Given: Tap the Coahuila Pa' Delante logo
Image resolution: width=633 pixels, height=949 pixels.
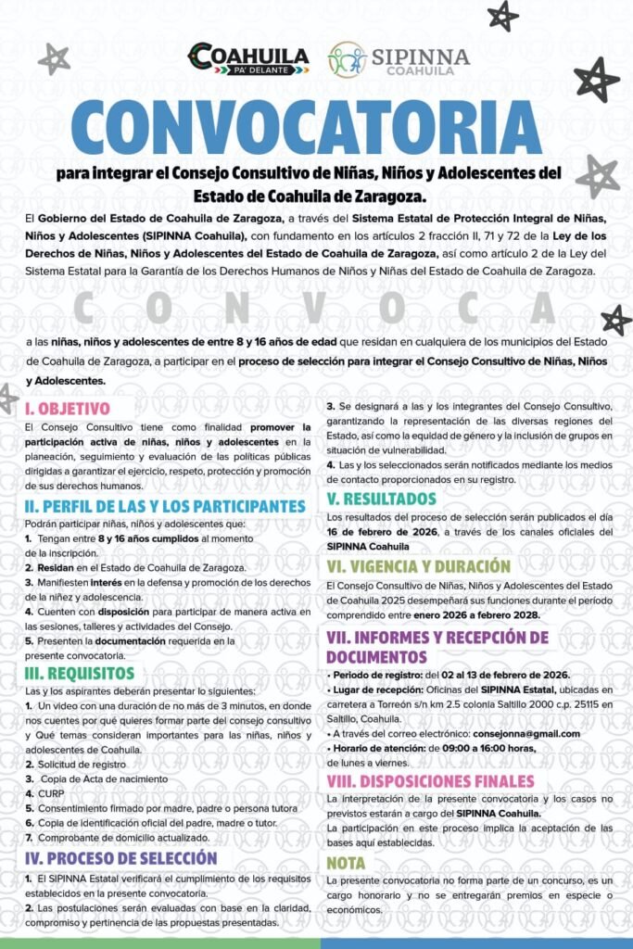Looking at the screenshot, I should coord(248,58).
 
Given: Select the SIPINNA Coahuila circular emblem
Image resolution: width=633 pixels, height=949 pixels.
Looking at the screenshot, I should coord(347,59).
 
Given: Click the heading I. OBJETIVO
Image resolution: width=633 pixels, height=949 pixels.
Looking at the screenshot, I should coord(68,408).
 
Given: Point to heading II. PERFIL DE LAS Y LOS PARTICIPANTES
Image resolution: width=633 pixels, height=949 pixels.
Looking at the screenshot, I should coord(165,506).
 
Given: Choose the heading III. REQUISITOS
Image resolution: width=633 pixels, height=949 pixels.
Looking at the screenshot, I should coord(80,673).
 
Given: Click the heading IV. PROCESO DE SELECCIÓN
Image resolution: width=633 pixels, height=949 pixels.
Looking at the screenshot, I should coord(121,858).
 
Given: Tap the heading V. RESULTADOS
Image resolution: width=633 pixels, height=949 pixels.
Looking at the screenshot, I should coord(382,500).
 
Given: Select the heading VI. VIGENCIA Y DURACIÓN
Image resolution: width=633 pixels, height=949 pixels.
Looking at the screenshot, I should coord(419,565).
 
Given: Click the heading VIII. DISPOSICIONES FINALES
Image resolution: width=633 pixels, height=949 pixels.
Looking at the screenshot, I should coord(430,780).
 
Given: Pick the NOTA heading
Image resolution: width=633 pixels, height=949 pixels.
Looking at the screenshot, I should coord(347,863).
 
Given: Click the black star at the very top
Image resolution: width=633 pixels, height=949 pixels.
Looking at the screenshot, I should coord(503,15).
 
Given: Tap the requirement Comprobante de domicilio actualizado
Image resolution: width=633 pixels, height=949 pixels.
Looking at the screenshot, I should coord(118,839).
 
